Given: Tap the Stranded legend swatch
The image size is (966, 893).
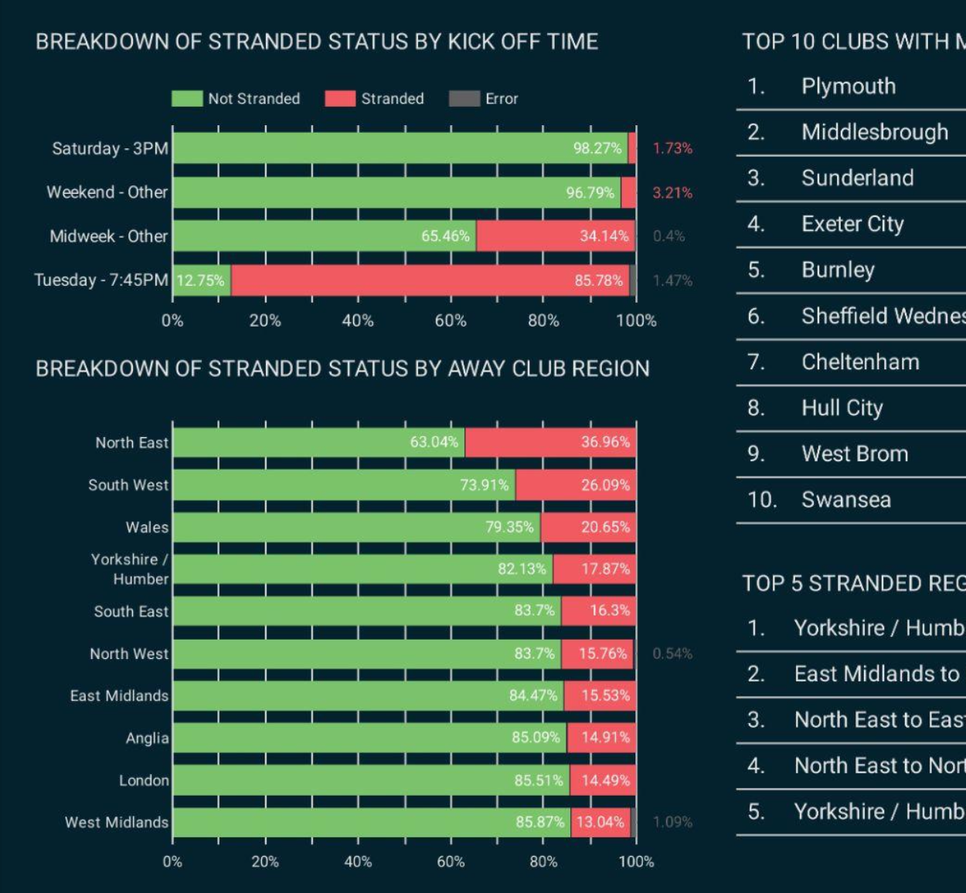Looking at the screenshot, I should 340,99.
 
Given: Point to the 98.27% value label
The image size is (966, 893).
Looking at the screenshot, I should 597,148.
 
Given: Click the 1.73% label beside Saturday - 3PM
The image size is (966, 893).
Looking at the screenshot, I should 672,148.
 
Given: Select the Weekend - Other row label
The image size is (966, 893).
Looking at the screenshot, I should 107,192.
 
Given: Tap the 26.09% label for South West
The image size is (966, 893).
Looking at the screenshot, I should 605,485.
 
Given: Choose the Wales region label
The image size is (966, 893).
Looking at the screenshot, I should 147,528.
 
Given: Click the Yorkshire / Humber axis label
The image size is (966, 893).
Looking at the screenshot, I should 129,569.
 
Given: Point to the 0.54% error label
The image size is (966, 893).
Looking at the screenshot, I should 672,654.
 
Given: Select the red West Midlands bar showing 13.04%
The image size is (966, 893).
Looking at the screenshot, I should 600,822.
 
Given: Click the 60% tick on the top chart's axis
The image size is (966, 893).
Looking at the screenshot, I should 451,321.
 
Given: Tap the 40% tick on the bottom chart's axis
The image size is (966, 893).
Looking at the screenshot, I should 357,861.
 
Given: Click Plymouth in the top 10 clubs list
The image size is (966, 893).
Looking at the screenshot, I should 848,86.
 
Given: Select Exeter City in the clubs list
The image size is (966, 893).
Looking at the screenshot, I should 852,224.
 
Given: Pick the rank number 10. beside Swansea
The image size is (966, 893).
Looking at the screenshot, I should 761,500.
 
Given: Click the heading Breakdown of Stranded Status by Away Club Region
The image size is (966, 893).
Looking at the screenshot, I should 342,368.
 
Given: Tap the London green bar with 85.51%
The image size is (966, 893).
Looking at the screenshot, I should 371,780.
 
